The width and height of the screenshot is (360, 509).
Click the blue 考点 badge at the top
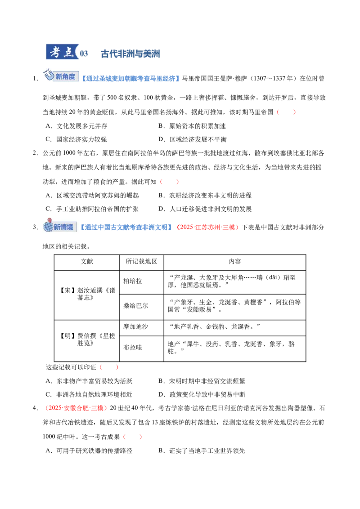(63, 52)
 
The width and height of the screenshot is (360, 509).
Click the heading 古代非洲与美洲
(130, 54)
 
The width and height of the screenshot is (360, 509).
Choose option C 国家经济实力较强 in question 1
(76, 139)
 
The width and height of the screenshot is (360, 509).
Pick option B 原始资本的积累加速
(192, 126)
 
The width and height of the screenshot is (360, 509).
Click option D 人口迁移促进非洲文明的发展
(205, 209)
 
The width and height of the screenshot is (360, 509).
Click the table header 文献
(87, 261)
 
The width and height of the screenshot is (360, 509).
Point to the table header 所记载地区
(141, 261)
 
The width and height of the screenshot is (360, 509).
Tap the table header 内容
(235, 261)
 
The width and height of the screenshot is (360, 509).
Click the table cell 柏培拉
(133, 281)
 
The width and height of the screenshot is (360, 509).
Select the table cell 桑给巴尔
(135, 306)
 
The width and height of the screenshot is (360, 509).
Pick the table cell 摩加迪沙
(135, 326)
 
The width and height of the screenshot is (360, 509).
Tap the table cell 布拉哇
(133, 348)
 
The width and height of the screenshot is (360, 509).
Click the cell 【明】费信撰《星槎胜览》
(87, 339)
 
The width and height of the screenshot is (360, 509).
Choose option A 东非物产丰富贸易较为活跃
(89, 381)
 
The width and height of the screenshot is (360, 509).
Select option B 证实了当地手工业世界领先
(202, 451)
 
